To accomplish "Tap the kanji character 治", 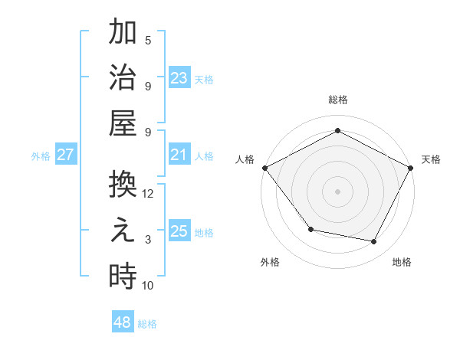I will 123,78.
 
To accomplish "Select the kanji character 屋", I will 123,123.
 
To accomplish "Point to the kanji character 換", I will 123,185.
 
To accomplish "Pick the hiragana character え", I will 123,231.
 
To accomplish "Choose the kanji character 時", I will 123,276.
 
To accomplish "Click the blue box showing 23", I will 179,78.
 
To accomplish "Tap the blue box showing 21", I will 179,155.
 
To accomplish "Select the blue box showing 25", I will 179,231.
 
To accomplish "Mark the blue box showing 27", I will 65,155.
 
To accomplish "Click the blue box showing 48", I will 123,322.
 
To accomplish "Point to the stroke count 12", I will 148,194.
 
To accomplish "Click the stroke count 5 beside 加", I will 148,41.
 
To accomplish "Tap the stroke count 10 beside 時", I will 148,286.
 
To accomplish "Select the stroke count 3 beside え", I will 148,240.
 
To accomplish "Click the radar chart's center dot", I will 337,191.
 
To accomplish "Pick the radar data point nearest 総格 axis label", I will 337,131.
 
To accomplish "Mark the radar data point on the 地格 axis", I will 374,242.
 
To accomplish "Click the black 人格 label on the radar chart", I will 245,159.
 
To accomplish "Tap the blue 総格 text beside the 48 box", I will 147,324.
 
